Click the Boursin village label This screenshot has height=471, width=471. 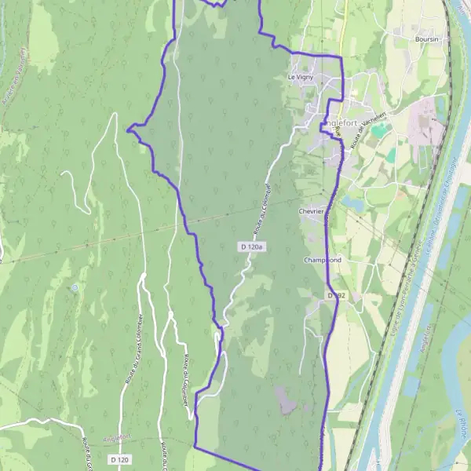(428, 38)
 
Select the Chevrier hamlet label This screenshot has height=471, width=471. (312, 211)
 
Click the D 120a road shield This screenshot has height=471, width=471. (252, 246)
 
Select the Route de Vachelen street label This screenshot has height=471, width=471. (370, 131)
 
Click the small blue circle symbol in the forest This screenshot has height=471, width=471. (75, 288)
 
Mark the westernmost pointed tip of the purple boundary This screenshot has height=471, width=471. (127, 130)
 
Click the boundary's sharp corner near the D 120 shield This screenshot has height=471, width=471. (195, 447)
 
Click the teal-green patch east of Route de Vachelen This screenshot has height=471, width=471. (380, 129)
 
